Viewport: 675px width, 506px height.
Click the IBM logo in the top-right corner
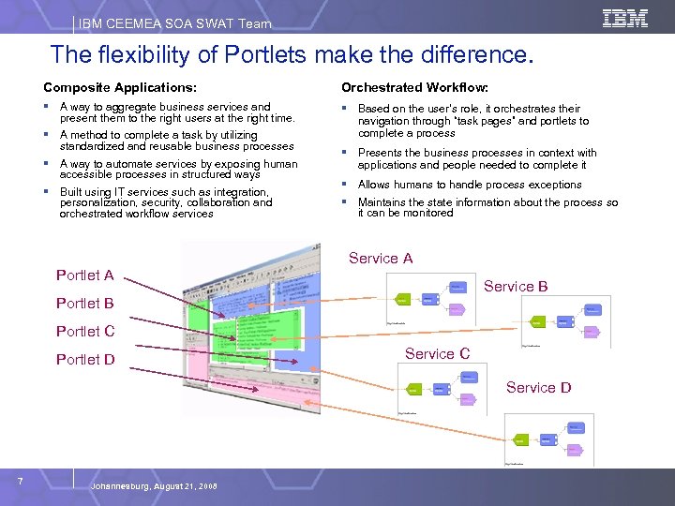coord(624,19)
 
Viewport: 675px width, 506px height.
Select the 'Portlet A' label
coord(85,275)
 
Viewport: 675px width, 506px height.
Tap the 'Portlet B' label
coord(85,304)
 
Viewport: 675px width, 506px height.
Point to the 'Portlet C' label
coord(85,332)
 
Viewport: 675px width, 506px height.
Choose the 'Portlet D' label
coord(85,360)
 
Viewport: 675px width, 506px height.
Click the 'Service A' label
coord(381,259)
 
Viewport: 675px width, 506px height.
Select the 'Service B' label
coord(516,287)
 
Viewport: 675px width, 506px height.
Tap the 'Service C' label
coord(437,354)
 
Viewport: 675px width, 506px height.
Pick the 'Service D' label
coord(538,388)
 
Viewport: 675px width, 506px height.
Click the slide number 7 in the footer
coord(21,482)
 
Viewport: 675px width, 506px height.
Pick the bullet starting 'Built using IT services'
coord(166,202)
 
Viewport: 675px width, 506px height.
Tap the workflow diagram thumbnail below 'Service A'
coord(431,298)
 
